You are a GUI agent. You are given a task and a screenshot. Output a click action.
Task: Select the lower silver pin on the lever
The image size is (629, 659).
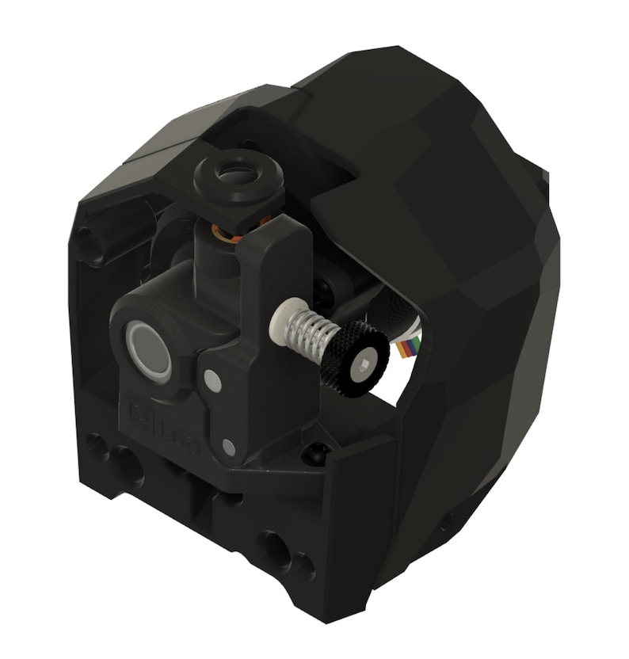tap(229, 448)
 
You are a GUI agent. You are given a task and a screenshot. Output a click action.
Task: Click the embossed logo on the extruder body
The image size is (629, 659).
tap(162, 424)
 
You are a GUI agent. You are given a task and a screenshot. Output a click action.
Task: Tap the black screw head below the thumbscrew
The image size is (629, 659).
tap(315, 453)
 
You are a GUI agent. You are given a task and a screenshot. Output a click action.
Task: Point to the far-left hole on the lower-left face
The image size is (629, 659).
tap(97, 448)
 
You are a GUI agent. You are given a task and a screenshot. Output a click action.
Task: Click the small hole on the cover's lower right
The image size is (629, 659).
tap(448, 520)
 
